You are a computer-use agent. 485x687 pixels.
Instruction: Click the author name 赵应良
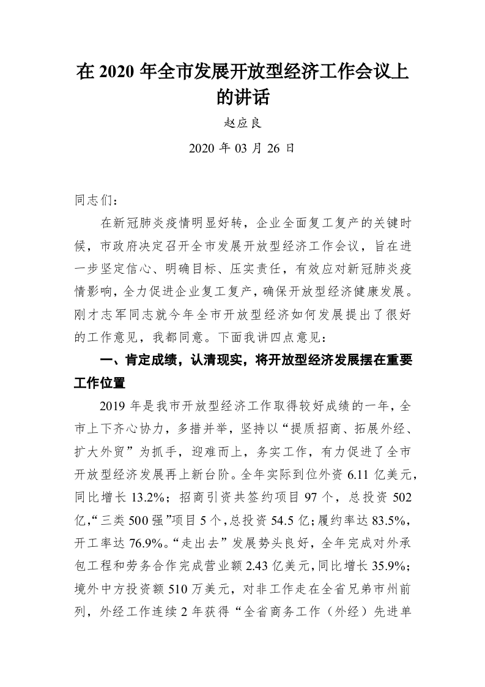point(243,122)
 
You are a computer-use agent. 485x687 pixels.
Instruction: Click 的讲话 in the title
point(243,96)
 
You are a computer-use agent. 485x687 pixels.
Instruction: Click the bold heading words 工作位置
point(100,383)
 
